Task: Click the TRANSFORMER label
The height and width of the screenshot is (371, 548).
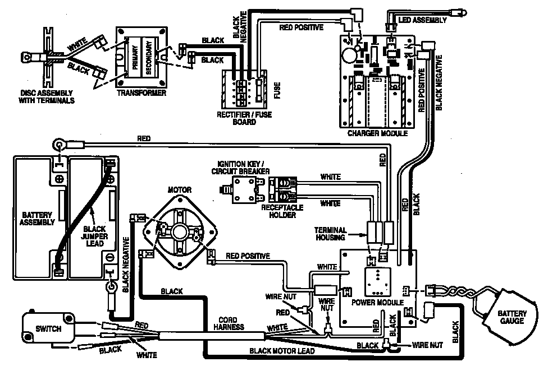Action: pyautogui.click(x=141, y=93)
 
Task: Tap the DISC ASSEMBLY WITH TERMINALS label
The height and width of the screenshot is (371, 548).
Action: pyautogui.click(x=48, y=96)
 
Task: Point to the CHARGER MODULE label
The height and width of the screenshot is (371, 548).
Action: pyautogui.click(x=377, y=133)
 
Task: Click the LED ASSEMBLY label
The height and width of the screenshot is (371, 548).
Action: pyautogui.click(x=423, y=20)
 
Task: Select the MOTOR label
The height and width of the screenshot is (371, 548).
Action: pyautogui.click(x=180, y=189)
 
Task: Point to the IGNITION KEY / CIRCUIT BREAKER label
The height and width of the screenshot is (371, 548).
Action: pyautogui.click(x=241, y=166)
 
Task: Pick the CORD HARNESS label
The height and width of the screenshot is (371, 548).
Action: pyautogui.click(x=231, y=324)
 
